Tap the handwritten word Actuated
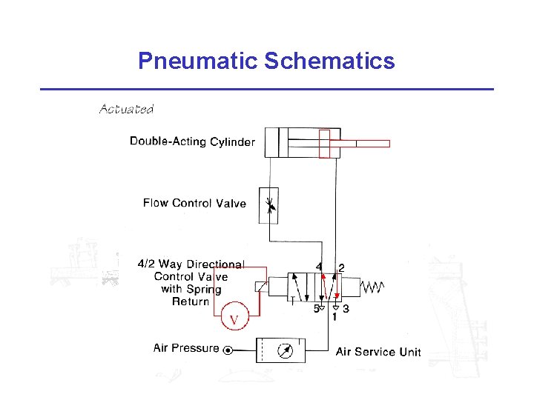[x=126, y=110]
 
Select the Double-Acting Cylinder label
[x=192, y=141]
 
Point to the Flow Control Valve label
[x=194, y=203]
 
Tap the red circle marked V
[x=234, y=320]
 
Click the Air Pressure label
[x=186, y=347]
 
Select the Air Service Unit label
[x=378, y=352]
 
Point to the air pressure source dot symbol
[x=228, y=350]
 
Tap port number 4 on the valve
[x=319, y=267]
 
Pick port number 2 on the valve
[x=341, y=267]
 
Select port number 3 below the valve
[x=346, y=309]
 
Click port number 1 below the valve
[x=334, y=316]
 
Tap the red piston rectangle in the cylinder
[x=324, y=143]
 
